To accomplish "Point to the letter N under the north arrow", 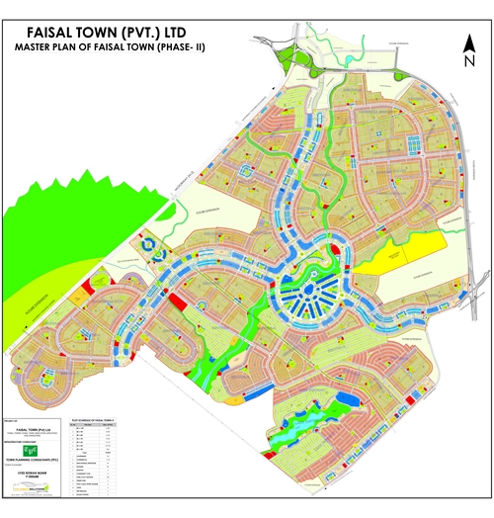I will coord(468,61).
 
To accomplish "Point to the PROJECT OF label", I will coord(12,420).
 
